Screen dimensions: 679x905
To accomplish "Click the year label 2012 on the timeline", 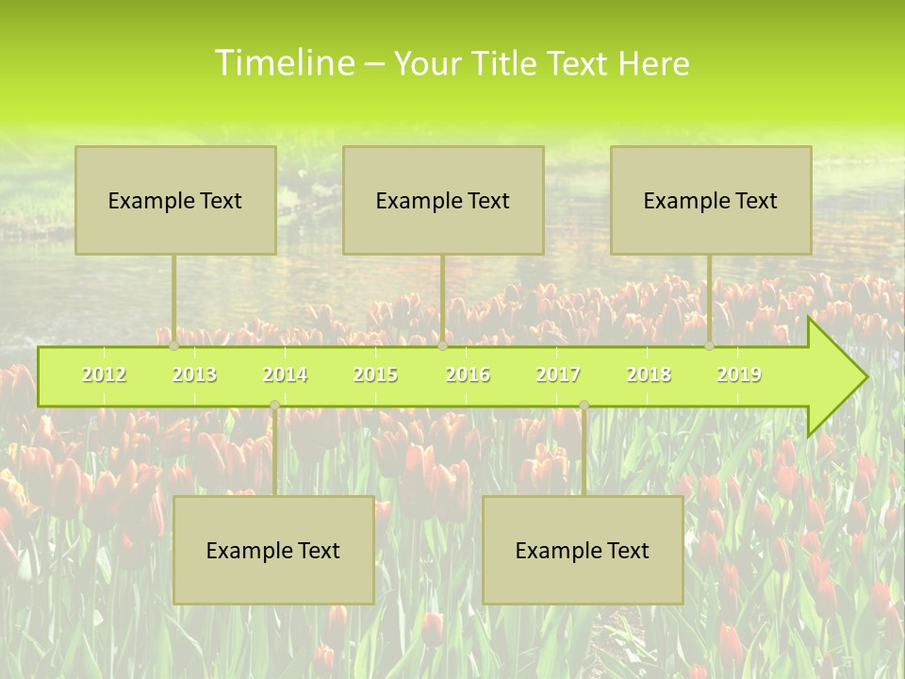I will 104,374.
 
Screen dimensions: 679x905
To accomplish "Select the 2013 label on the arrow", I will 194,374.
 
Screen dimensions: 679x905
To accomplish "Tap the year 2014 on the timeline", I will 285,374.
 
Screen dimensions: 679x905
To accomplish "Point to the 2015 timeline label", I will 375,374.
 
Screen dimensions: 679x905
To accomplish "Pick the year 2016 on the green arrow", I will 468,374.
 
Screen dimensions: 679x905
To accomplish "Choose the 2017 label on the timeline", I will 558,374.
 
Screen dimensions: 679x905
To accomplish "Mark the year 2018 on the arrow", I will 649,374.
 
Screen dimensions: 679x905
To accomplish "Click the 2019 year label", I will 739,374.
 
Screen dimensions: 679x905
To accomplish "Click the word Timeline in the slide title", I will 283,63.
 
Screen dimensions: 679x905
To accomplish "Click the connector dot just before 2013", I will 173,346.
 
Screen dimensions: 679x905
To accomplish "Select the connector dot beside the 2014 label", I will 274,406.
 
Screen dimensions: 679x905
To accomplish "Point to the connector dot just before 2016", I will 442,346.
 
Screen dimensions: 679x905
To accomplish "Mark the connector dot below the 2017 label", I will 584,406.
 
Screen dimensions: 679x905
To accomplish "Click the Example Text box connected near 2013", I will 175,200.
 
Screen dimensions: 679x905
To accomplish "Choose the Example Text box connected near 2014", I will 273,550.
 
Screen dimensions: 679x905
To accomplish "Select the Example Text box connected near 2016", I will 443,200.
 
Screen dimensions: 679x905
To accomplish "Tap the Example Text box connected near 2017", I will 583,550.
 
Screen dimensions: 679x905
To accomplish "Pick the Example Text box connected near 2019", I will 711,200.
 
